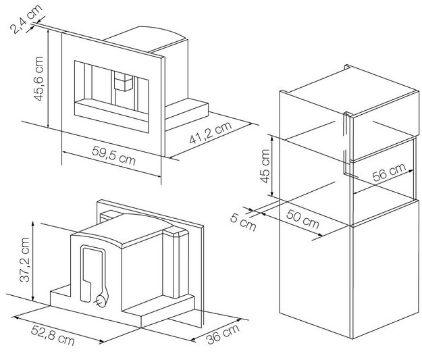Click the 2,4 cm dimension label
coord(26,19)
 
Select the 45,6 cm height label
coord(38,78)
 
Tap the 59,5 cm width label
coord(113,155)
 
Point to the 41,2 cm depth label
coord(211,132)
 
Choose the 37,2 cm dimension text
coord(25,260)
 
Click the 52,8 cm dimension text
coord(53,335)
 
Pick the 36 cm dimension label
coord(223,334)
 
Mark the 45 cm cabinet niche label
coord(265,166)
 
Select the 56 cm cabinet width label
coord(389,172)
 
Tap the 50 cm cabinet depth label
coord(302,219)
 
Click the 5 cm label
coord(243,222)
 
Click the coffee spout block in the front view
coord(124,81)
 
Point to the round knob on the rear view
coord(101,301)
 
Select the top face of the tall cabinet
coord(350,91)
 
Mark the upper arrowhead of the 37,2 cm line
coord(33,223)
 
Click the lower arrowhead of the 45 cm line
coord(272,194)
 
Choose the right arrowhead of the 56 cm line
coord(411,171)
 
